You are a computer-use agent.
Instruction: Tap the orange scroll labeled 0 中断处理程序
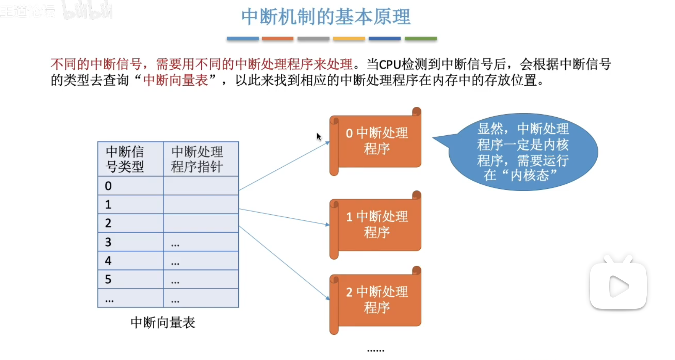377,141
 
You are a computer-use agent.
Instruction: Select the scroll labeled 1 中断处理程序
377,225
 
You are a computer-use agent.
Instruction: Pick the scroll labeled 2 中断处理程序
377,300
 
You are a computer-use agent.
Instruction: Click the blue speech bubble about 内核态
523,152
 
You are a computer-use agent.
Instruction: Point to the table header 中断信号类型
130,159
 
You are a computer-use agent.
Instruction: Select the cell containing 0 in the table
130,186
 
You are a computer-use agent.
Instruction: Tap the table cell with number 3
130,242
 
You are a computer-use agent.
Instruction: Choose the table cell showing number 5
130,279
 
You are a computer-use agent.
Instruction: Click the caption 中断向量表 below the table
163,323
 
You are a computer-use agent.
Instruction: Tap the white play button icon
618,286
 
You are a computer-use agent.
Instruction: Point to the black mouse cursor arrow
319,137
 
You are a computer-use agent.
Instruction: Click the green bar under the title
420,39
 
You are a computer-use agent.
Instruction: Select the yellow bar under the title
349,39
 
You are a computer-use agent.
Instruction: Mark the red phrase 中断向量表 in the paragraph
176,80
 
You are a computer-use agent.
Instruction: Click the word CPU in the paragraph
390,64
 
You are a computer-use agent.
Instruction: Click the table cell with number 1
130,204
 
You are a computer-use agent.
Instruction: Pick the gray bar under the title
313,39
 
